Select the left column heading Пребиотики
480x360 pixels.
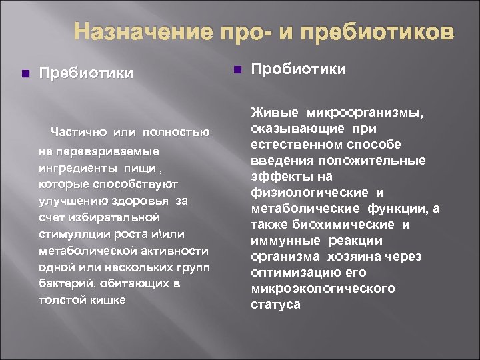87,72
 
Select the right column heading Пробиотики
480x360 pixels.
299,69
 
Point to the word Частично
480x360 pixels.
80,133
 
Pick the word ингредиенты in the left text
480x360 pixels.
74,167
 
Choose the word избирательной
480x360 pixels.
113,217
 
